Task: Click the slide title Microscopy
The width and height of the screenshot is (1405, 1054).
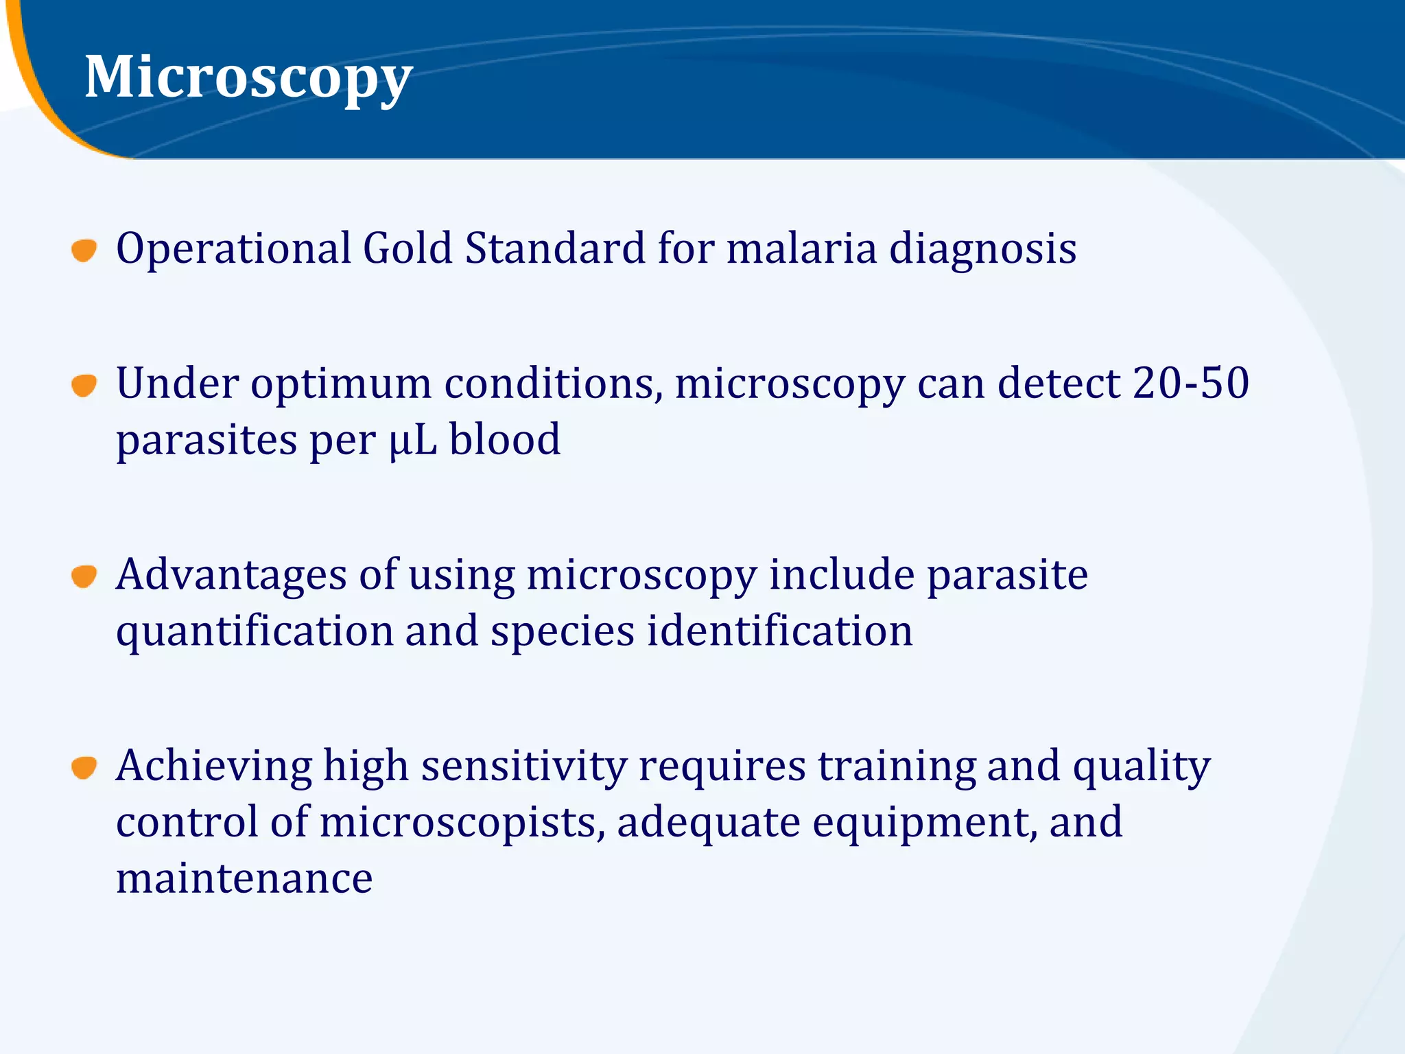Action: coord(248,77)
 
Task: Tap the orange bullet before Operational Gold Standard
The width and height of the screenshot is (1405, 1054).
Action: coord(84,250)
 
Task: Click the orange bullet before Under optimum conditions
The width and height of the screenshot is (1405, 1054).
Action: coord(84,385)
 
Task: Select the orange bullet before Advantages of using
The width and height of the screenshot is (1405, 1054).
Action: coord(84,576)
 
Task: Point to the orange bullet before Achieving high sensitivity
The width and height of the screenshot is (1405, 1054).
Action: coord(84,767)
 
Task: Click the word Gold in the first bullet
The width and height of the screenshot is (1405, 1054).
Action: coord(408,248)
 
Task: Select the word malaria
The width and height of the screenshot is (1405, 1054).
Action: coord(801,248)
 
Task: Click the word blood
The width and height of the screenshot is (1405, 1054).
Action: coord(505,439)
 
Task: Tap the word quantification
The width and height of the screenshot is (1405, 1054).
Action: coord(255,632)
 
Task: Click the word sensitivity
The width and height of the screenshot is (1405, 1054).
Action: coord(523,767)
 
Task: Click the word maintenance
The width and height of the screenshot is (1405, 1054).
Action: coord(244,878)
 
